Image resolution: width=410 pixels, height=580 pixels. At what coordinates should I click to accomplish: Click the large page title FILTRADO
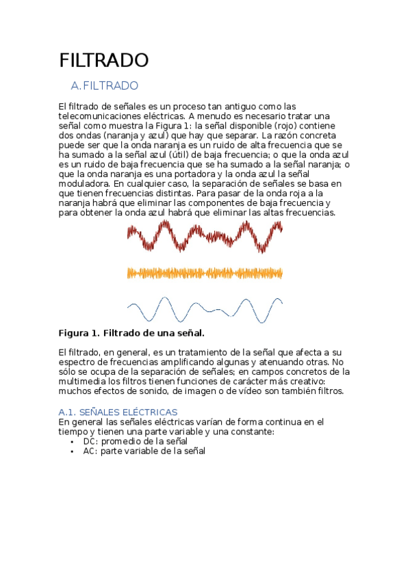103,60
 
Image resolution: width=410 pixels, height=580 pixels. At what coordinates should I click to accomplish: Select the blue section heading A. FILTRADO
104,85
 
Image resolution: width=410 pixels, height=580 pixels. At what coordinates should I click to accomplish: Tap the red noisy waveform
204,239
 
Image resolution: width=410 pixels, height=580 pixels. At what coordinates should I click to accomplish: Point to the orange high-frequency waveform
204,273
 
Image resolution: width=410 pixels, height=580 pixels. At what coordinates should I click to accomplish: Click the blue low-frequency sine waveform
204,309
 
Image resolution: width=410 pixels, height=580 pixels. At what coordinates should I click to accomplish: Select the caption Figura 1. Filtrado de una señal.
131,333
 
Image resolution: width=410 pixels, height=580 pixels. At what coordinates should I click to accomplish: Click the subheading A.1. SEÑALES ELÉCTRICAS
118,412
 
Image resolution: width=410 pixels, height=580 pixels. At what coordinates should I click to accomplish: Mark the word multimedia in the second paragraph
84,381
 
